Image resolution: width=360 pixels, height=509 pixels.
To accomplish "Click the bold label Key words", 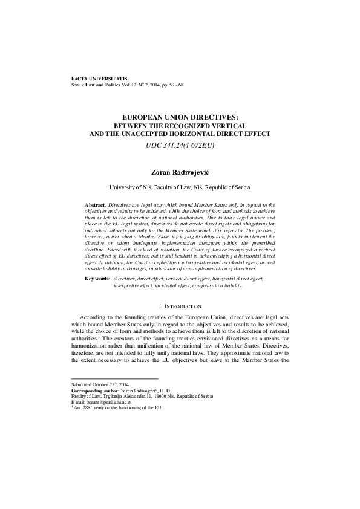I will pyautogui.click(x=97, y=279).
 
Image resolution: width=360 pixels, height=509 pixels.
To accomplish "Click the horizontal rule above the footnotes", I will pyautogui.click(x=106, y=379).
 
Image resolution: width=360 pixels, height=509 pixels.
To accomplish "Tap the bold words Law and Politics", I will pyautogui.click(x=103, y=85).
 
